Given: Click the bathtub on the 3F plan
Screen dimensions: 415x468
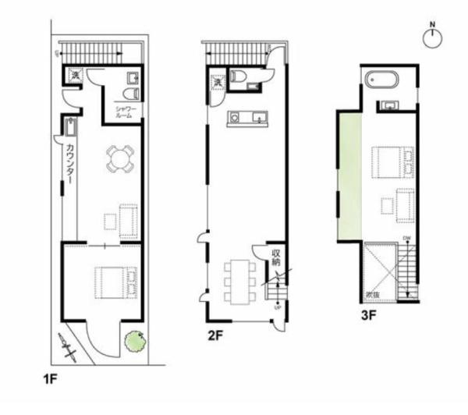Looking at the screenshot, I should click(x=381, y=80).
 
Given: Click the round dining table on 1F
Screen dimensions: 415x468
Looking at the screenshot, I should click(x=120, y=158).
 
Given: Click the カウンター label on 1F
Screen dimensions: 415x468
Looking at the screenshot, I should click(x=70, y=163).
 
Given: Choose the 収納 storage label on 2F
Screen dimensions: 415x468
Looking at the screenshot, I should click(x=276, y=257).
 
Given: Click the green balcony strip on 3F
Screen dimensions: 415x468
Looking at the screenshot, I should click(x=350, y=176).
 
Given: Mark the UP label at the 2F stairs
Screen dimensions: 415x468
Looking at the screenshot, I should click(x=278, y=308).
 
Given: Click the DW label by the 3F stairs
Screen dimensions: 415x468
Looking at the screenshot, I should click(x=407, y=238).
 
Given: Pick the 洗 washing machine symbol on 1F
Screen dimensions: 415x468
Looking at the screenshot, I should click(x=75, y=76).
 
